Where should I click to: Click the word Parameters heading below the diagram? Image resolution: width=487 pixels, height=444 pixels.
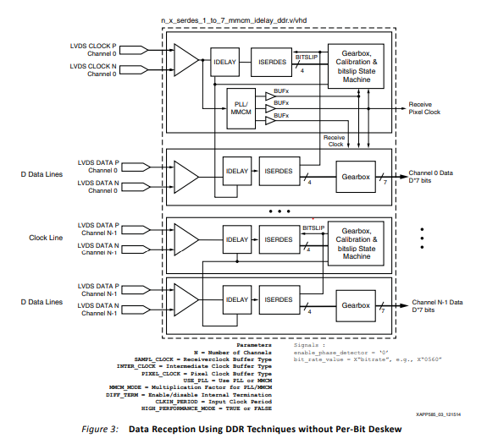point(254,345)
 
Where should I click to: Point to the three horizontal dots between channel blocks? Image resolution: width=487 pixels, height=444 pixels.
point(279,210)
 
